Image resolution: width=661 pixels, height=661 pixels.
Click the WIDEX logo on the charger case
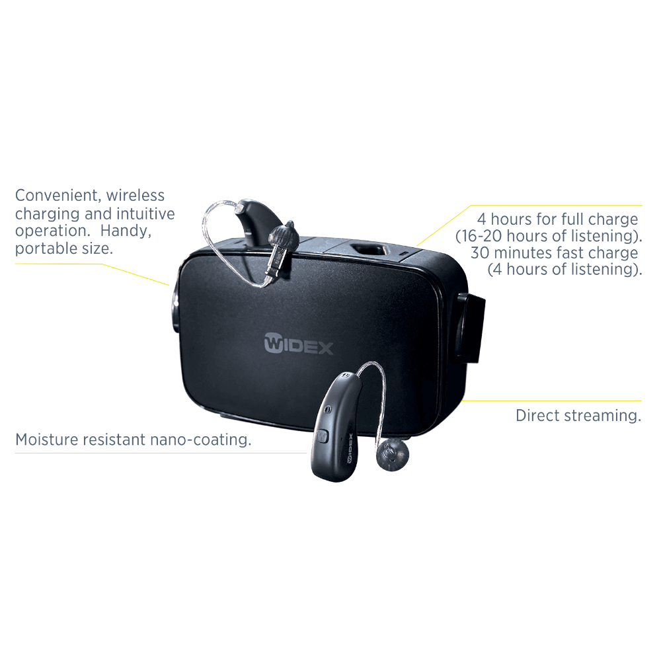click(299, 344)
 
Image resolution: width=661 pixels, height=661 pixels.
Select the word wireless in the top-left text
click(136, 195)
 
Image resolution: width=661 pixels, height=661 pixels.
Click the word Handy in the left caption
click(126, 231)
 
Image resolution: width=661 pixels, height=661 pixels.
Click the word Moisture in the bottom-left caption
click(46, 440)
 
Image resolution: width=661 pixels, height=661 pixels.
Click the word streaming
click(602, 416)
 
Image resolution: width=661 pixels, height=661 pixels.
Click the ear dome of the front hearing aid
click(393, 455)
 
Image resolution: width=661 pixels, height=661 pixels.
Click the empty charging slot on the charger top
click(370, 250)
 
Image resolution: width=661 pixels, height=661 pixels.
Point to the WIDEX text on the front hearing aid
click(350, 449)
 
